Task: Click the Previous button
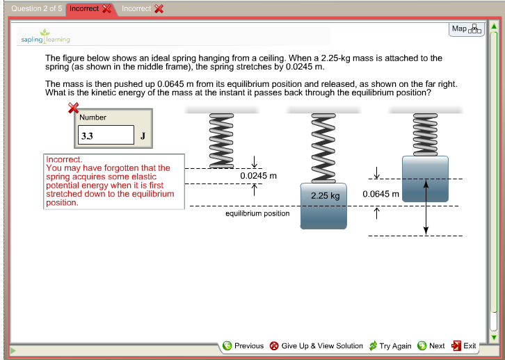click(243, 345)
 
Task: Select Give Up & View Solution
click(316, 345)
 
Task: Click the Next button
click(431, 345)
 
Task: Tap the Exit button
click(464, 345)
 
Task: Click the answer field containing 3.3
click(105, 136)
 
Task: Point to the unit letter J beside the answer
click(143, 136)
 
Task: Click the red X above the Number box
click(72, 108)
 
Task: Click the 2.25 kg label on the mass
click(325, 195)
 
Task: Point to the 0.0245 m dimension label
click(258, 176)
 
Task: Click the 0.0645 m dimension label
click(380, 194)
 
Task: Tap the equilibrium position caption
click(257, 213)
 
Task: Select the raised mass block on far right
click(425, 178)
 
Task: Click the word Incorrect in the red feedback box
click(63, 159)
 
